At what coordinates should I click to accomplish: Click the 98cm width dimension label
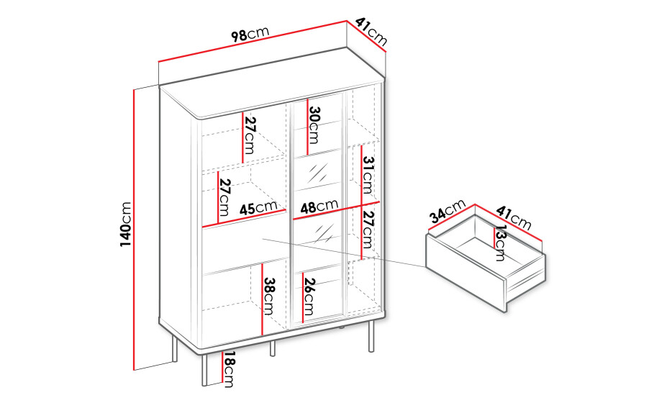(250, 34)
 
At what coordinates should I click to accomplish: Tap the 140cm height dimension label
(125, 224)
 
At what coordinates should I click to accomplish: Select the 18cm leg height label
(229, 370)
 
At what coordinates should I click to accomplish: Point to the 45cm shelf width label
(258, 207)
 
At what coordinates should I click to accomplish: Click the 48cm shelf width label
(319, 206)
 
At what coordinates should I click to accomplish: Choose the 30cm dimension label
(314, 125)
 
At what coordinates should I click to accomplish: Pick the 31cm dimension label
(368, 175)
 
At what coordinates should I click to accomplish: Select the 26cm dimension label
(309, 296)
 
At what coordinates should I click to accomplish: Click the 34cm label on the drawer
(448, 211)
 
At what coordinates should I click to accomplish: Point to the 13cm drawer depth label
(500, 243)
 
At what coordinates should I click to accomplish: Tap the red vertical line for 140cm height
(134, 230)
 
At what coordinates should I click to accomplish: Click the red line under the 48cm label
(336, 211)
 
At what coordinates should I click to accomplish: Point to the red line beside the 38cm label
(262, 299)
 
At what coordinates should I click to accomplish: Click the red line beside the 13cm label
(494, 239)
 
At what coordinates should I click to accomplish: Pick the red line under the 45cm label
(245, 218)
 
